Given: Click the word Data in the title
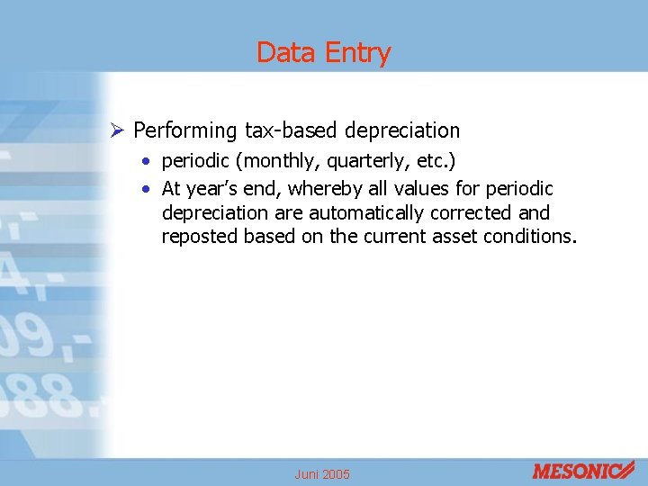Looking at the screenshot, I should (283, 53).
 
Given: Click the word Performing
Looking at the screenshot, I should (185, 131).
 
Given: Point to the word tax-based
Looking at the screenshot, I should (288, 130).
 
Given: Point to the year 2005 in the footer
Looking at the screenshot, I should (335, 474).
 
